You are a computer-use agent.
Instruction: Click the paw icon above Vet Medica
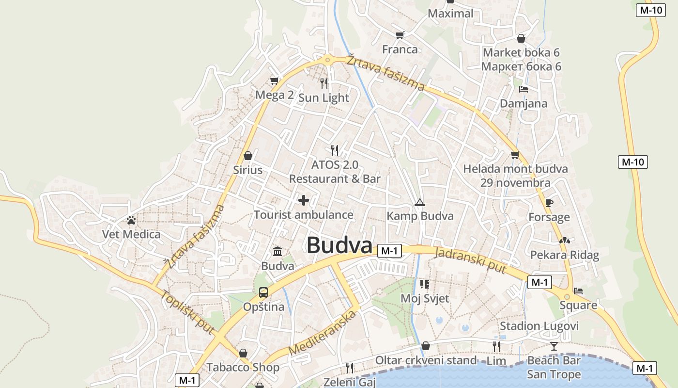(x=131, y=220)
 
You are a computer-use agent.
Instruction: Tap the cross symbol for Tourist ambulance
(x=304, y=200)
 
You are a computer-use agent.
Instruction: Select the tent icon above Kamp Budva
(x=419, y=202)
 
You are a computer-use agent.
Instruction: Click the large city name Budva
(x=339, y=245)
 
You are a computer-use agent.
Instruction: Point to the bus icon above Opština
(x=263, y=292)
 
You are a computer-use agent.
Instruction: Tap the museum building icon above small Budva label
(x=277, y=251)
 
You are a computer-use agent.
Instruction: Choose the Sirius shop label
(x=248, y=170)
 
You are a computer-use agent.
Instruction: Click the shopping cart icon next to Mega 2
(x=274, y=81)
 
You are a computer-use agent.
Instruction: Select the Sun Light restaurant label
(x=324, y=98)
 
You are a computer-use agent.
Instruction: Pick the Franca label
(x=400, y=49)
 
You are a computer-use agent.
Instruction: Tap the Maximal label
(x=450, y=14)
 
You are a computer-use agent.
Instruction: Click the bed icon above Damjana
(x=523, y=89)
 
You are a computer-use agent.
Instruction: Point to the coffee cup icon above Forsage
(x=549, y=203)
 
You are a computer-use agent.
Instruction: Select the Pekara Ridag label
(x=565, y=255)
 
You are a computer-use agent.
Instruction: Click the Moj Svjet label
(x=425, y=299)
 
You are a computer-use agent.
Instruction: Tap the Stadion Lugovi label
(x=539, y=326)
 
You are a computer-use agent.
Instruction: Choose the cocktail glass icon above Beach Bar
(x=554, y=346)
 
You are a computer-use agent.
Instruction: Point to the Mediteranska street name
(x=322, y=333)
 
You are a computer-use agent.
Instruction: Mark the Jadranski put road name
(x=470, y=260)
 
